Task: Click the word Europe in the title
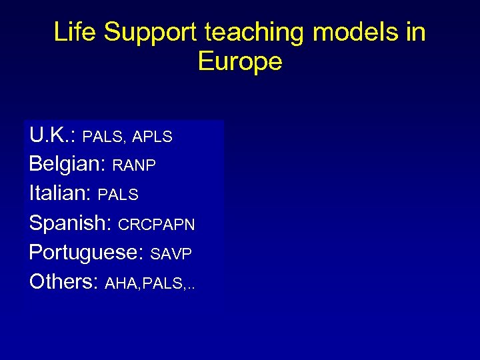click(x=240, y=61)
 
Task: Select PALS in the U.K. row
click(x=103, y=137)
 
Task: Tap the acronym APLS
click(x=153, y=137)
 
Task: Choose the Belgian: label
click(x=68, y=164)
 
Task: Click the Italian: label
click(x=61, y=193)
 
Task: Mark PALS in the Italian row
click(x=118, y=195)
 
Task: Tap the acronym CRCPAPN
click(x=157, y=225)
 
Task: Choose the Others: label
click(x=64, y=281)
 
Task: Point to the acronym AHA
click(x=121, y=283)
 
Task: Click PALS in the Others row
click(x=162, y=283)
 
